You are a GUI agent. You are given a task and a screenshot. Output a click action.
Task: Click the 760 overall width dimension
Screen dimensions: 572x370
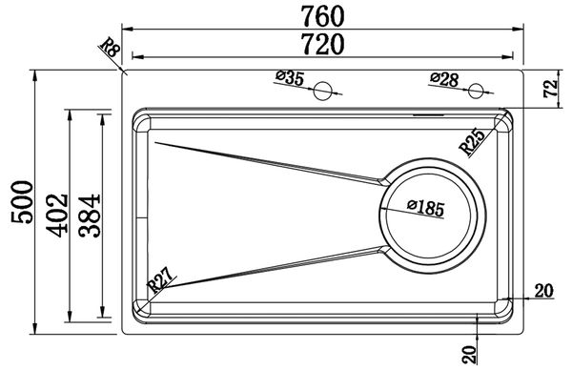[322, 16]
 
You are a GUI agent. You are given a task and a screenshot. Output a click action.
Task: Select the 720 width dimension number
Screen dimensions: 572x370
[322, 44]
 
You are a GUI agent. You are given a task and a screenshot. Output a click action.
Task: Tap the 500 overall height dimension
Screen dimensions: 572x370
[22, 202]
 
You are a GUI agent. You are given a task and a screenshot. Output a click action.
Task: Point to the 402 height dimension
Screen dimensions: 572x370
[57, 216]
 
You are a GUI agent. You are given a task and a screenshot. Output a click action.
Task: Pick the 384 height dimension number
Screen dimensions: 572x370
[89, 216]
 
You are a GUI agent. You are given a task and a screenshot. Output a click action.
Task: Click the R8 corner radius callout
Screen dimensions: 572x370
[110, 48]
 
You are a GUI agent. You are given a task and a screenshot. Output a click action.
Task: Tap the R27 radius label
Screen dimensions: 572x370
[160, 279]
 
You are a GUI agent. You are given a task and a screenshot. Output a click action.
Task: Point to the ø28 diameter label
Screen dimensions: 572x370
[444, 79]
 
